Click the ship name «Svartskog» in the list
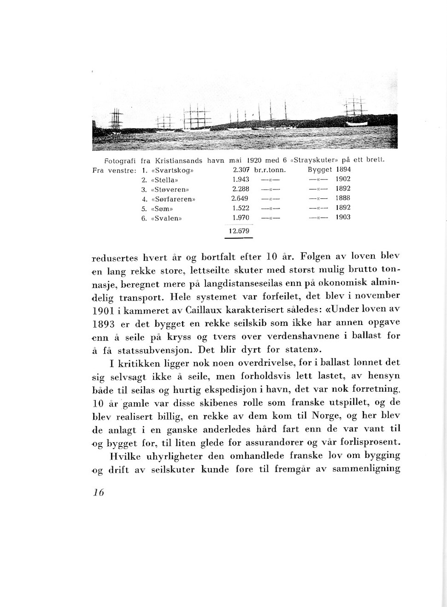pyautogui.click(x=172, y=170)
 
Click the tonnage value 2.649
pyautogui.click(x=240, y=198)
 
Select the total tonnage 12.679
pyautogui.click(x=239, y=231)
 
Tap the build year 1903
pyautogui.click(x=343, y=217)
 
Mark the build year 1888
pyautogui.click(x=343, y=198)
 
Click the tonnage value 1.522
pyautogui.click(x=241, y=208)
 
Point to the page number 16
pyautogui.click(x=98, y=492)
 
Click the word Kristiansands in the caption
pyautogui.click(x=178, y=161)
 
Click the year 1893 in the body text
pyautogui.click(x=103, y=324)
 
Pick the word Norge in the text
pyautogui.click(x=327, y=416)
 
